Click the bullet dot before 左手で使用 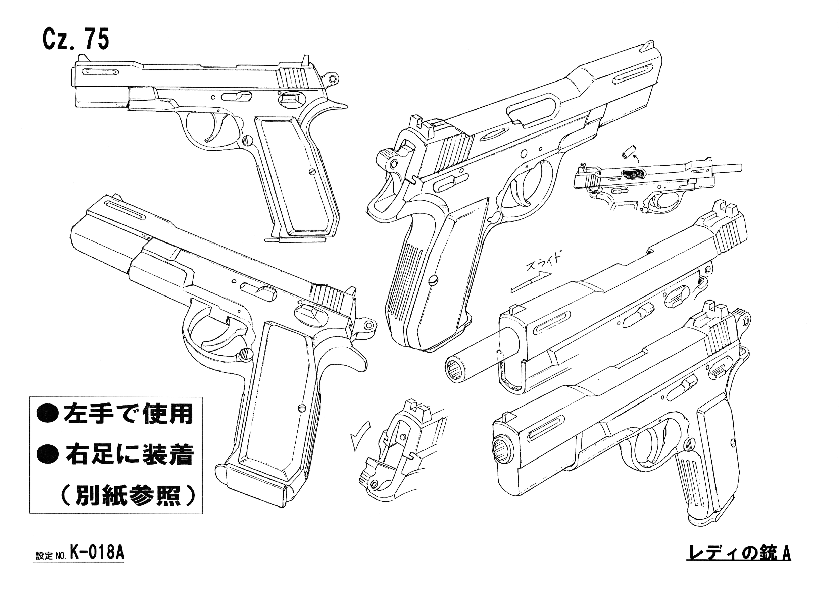48,415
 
